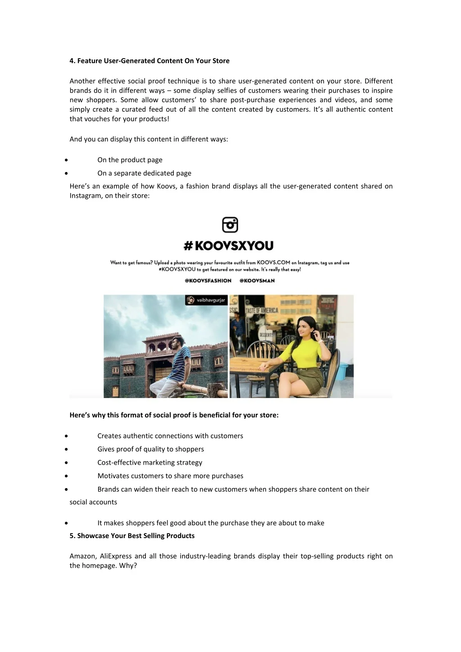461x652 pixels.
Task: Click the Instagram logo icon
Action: tap(230, 225)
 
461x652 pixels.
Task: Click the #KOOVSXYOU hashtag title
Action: tap(229, 246)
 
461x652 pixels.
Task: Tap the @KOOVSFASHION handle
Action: tap(208, 281)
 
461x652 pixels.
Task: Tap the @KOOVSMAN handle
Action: tap(257, 281)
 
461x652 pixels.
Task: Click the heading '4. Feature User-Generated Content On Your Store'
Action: tap(149, 61)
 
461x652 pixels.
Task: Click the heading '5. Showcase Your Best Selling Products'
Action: tap(132, 536)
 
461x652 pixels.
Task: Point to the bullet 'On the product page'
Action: tap(130, 160)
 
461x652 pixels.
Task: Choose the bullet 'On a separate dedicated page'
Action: tap(144, 173)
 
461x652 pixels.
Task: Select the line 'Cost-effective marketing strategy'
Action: tap(149, 462)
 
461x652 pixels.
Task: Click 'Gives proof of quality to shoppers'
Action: tap(150, 449)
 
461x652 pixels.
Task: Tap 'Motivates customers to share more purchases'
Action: tap(170, 476)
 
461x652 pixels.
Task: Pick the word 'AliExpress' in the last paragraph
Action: tap(115, 556)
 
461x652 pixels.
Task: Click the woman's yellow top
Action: tap(304, 354)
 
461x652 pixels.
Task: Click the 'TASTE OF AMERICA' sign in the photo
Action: tap(262, 311)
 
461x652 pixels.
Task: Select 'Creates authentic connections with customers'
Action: tap(170, 436)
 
